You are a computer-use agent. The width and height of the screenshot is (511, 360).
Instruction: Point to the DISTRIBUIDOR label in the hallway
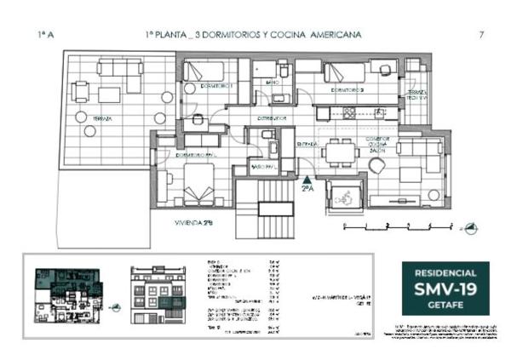271,118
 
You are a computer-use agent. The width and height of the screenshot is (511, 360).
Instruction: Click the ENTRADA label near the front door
307,145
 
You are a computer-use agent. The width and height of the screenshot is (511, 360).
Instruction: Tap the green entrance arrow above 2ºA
307,179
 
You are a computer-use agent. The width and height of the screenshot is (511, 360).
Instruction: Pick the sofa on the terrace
119,68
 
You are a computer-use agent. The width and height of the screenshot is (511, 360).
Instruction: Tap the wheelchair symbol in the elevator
346,192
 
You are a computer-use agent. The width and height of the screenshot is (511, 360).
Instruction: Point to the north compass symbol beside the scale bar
471,226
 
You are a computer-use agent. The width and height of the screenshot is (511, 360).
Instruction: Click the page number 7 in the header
481,34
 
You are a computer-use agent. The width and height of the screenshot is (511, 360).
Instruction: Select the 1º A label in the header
48,34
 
